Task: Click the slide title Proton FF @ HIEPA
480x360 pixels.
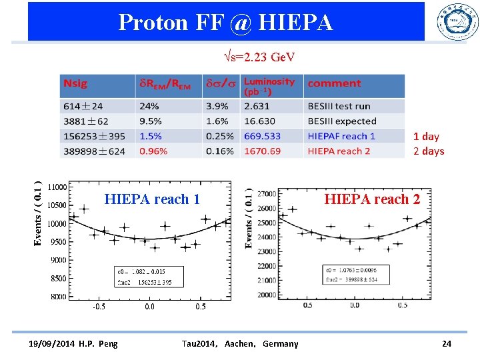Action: tap(225, 23)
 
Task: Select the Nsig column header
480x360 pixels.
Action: tap(75, 84)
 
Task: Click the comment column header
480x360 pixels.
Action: tap(334, 84)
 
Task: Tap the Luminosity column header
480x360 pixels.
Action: tap(269, 86)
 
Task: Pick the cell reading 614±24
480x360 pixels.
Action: tap(84, 106)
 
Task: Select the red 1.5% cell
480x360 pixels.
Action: tap(151, 136)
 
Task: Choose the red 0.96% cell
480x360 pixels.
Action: tap(153, 151)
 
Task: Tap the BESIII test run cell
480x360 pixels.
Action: tap(339, 106)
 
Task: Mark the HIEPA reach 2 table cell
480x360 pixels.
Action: tap(339, 151)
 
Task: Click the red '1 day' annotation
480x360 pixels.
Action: tap(426, 136)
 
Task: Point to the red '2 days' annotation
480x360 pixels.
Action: tap(428, 151)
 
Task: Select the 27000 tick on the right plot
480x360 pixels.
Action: tap(267, 193)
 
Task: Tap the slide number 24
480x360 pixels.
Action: tap(447, 343)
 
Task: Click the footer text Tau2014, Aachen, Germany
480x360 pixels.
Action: tap(240, 343)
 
